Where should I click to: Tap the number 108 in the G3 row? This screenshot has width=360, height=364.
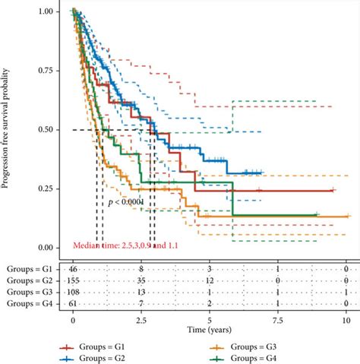pos(73,292)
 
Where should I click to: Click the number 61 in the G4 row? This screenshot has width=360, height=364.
pos(73,303)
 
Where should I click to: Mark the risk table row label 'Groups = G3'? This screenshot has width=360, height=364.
pos(30,292)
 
